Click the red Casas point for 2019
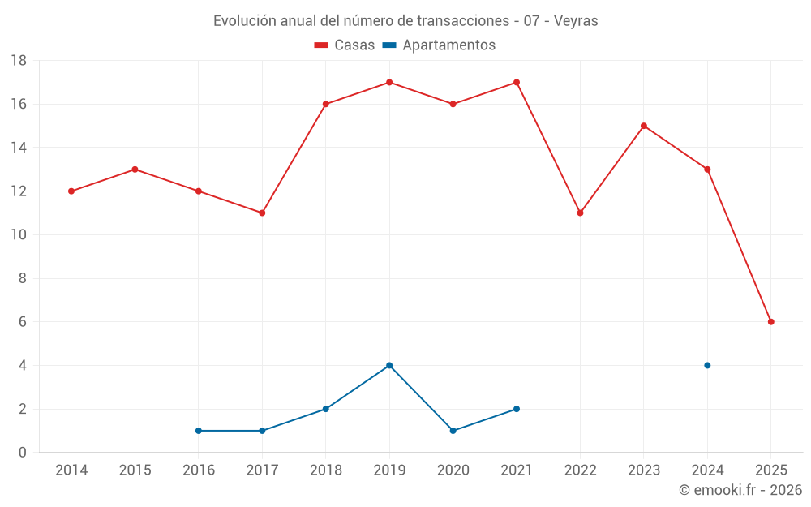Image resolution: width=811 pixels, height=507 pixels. coord(389,82)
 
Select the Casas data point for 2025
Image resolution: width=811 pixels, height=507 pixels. coord(770,322)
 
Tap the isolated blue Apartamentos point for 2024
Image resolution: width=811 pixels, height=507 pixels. coord(707,365)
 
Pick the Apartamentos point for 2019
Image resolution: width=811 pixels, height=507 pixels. coord(389,365)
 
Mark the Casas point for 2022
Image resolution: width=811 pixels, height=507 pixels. coord(580,213)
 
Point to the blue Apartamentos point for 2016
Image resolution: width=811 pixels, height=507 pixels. coord(199,431)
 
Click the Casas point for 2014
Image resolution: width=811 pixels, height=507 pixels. coord(71,191)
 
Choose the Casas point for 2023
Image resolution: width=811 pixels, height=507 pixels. coord(644,126)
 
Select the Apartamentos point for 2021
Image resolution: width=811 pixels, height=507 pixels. coord(517,409)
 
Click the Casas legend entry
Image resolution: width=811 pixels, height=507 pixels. coord(345,45)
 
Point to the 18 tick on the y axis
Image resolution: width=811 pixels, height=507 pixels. coord(19,61)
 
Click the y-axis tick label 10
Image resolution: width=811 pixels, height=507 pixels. coord(19,235)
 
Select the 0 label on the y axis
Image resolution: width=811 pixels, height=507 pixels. coord(23,453)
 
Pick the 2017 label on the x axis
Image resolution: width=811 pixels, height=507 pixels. coord(262,470)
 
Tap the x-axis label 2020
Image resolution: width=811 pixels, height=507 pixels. coord(453,470)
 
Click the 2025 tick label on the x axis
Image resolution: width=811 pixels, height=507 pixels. coord(770,470)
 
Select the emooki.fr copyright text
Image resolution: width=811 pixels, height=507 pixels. coord(740,490)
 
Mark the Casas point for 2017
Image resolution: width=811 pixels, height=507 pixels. coord(262,213)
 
